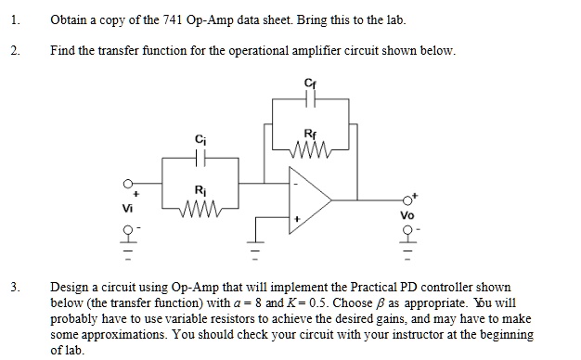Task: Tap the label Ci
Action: (200, 140)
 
